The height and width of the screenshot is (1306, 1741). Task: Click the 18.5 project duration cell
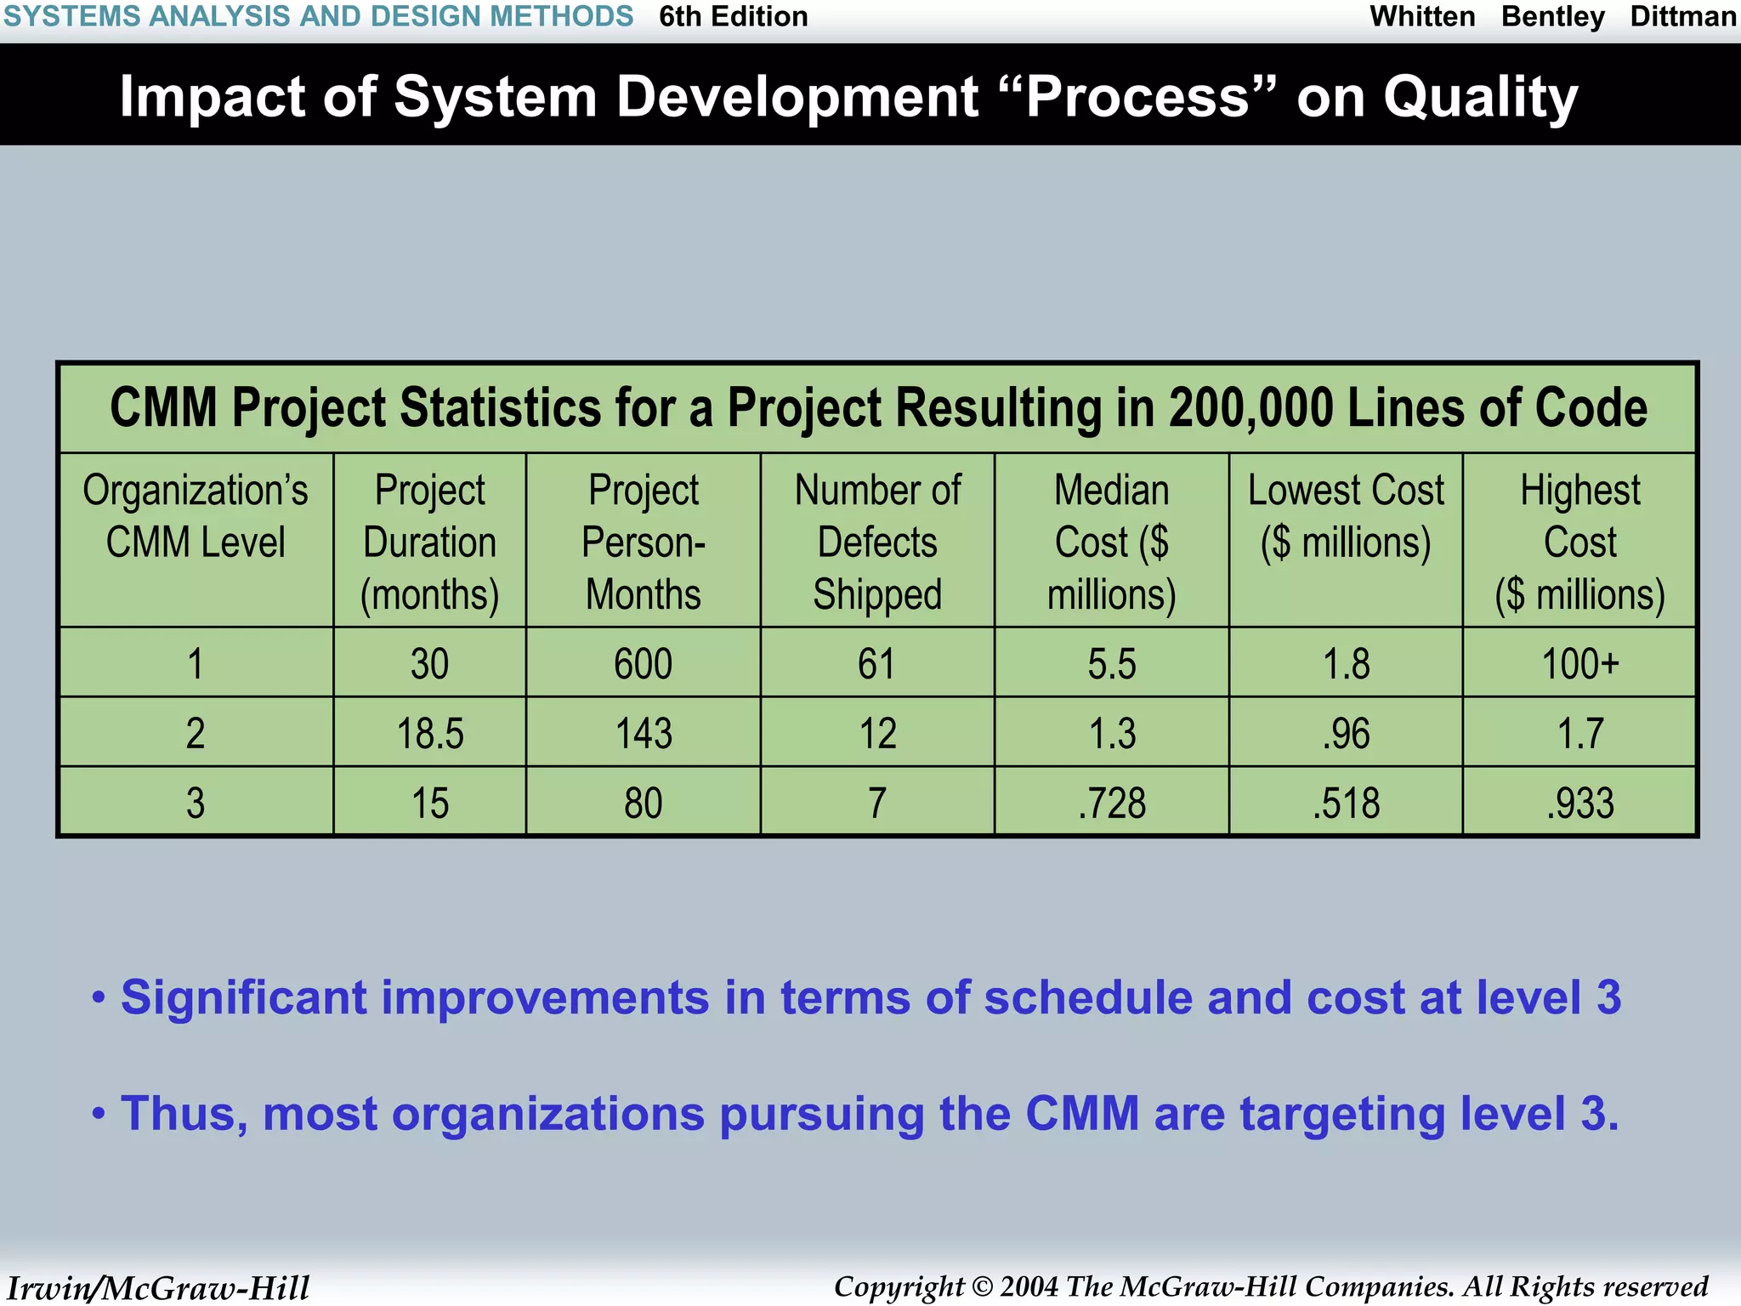[x=430, y=733]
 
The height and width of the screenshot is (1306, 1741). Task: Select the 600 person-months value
[x=644, y=663]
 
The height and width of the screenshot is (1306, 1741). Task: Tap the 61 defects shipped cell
[x=877, y=663]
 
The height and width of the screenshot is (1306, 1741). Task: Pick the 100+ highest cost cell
[x=1580, y=663]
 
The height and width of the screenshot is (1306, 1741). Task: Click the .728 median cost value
[x=1112, y=803]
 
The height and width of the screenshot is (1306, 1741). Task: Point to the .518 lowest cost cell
[x=1347, y=803]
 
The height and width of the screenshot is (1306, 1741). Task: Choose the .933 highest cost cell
[x=1580, y=803]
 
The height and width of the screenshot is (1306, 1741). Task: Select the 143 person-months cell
[x=644, y=733]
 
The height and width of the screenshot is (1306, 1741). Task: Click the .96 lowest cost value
[x=1347, y=733]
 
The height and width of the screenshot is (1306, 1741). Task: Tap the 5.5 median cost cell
[x=1112, y=663]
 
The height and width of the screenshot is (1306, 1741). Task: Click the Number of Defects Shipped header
[x=877, y=542]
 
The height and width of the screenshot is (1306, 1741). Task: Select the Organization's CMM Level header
[x=196, y=516]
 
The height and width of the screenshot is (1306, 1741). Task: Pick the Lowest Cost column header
[x=1347, y=516]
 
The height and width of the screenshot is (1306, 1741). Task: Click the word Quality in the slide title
[x=1480, y=97]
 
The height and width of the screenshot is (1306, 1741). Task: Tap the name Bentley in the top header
[x=1552, y=16]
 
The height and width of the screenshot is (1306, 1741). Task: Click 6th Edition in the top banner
[x=734, y=16]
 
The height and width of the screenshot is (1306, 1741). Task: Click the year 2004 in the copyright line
[x=1029, y=1286]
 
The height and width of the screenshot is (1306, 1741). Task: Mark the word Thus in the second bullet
[x=184, y=1113]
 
